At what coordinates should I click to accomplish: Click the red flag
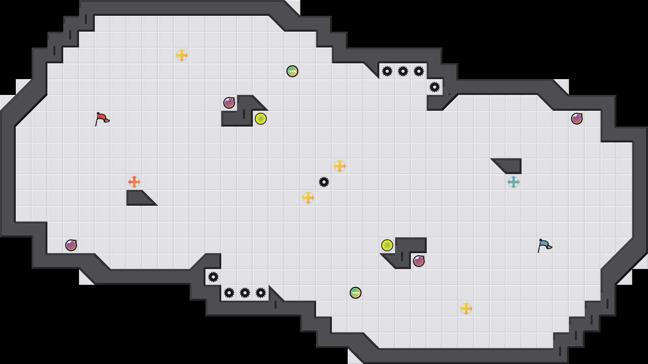pyautogui.click(x=102, y=118)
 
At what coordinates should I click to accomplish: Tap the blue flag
pyautogui.click(x=544, y=245)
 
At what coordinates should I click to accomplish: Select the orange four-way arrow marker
pyautogui.click(x=134, y=182)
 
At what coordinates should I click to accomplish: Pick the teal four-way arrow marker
pyautogui.click(x=514, y=182)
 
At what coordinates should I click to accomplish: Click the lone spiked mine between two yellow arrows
pyautogui.click(x=324, y=182)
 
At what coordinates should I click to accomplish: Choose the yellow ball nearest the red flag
pyautogui.click(x=261, y=119)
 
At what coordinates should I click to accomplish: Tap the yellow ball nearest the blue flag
pyautogui.click(x=387, y=245)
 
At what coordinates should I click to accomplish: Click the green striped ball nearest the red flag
pyautogui.click(x=292, y=71)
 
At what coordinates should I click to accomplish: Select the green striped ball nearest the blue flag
pyautogui.click(x=356, y=293)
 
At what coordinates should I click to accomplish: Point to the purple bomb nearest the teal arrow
pyautogui.click(x=577, y=119)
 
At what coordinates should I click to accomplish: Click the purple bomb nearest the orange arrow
pyautogui.click(x=71, y=245)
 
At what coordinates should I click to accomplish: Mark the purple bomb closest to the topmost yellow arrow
pyautogui.click(x=229, y=103)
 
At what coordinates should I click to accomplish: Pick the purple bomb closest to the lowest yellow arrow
pyautogui.click(x=419, y=261)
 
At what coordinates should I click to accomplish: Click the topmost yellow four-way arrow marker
pyautogui.click(x=182, y=55)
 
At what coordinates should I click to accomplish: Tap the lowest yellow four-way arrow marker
pyautogui.click(x=466, y=309)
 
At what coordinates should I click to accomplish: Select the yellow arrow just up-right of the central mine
pyautogui.click(x=340, y=166)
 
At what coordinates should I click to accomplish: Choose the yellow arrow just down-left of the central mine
pyautogui.click(x=308, y=198)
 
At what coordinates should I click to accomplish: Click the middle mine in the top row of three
pyautogui.click(x=403, y=71)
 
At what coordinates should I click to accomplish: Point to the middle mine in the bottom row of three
pyautogui.click(x=245, y=293)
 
